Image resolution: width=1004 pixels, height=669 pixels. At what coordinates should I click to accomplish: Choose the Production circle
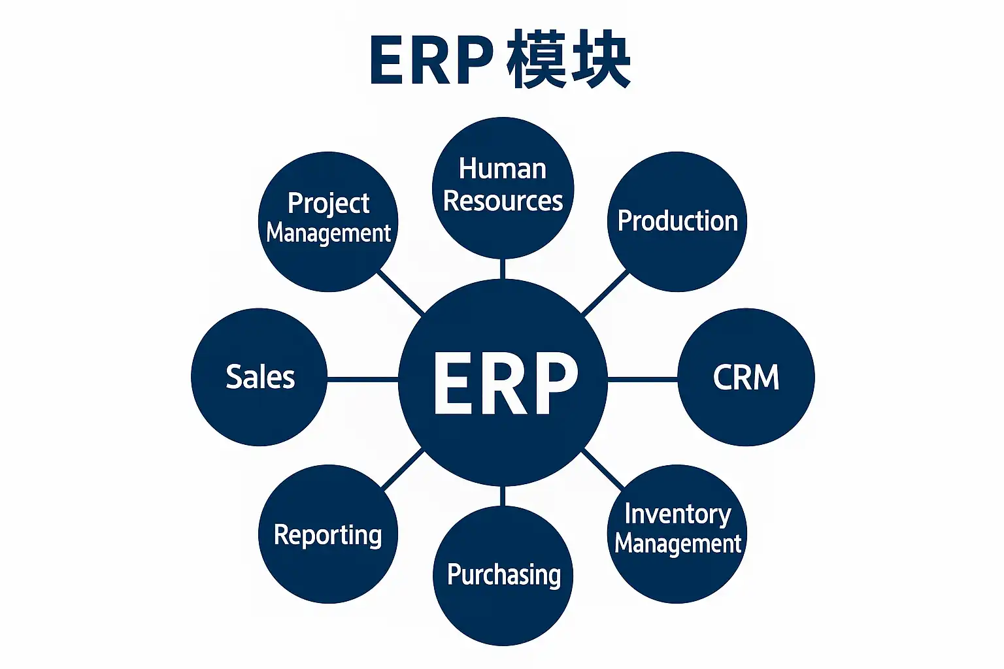(677, 222)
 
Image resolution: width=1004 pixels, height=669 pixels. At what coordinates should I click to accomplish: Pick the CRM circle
(746, 378)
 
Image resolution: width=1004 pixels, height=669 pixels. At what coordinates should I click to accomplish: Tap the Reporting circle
(327, 534)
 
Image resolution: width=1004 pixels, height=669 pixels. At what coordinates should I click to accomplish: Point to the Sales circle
(259, 378)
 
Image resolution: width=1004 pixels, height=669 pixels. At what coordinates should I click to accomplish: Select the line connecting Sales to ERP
(362, 378)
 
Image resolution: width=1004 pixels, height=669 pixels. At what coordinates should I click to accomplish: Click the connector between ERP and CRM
(643, 378)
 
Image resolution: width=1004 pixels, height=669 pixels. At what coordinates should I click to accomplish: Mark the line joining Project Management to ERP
(401, 293)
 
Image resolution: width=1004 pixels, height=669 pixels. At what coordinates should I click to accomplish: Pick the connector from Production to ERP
(605, 293)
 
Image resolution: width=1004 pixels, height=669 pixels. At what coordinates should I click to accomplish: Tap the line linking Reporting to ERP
(403, 470)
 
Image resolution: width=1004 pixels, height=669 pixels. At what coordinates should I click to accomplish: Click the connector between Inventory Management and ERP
(603, 469)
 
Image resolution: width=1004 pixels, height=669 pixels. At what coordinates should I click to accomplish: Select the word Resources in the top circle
(503, 201)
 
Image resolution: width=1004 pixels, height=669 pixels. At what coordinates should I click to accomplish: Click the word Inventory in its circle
(677, 514)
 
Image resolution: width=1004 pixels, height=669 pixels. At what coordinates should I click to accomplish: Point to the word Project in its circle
(328, 204)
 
